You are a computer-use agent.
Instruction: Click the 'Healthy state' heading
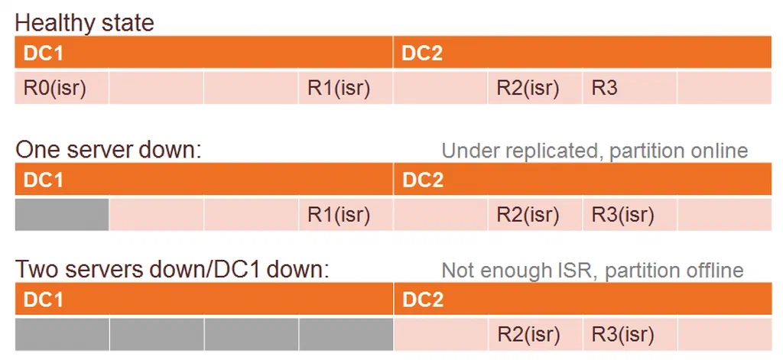[84, 23]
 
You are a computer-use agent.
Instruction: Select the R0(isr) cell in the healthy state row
[62, 88]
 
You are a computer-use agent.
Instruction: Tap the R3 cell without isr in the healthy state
[630, 88]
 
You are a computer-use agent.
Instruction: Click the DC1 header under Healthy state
[203, 53]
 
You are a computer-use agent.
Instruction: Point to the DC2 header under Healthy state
[583, 53]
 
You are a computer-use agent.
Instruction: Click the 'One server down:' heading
[108, 149]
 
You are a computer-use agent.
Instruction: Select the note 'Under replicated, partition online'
[595, 151]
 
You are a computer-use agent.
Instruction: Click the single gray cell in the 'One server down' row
[62, 215]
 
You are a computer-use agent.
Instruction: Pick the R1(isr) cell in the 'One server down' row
[346, 215]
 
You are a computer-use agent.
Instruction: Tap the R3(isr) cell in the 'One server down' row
[630, 215]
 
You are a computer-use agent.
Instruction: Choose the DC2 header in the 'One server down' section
[583, 180]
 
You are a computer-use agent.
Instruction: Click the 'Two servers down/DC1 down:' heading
[172, 270]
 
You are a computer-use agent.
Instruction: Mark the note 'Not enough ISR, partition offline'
[593, 270]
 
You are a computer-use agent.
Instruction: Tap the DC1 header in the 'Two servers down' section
[203, 299]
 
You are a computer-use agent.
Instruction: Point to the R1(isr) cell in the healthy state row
[346, 88]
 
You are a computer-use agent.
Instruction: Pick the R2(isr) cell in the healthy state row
[535, 88]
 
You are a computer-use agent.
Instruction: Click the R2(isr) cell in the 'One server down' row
[535, 215]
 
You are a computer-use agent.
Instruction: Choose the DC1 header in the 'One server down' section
[203, 180]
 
